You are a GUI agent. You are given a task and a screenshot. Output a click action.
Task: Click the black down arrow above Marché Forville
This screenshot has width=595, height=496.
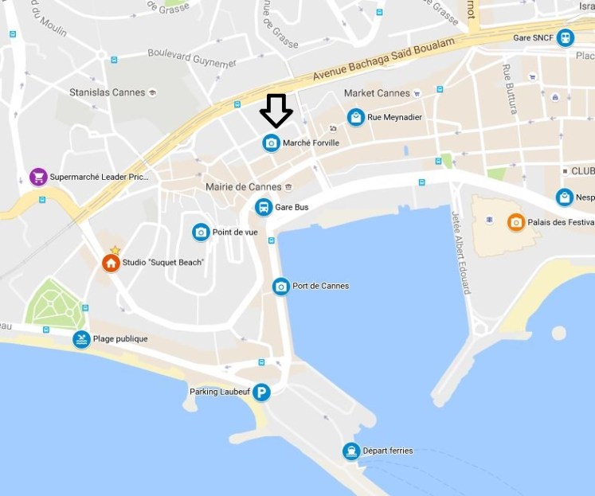(276, 111)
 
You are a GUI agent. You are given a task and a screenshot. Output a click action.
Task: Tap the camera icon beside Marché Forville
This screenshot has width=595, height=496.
(271, 143)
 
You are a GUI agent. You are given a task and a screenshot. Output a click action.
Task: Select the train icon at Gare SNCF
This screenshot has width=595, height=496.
(565, 37)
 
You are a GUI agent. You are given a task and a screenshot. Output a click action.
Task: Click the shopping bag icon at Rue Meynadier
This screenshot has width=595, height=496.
(355, 117)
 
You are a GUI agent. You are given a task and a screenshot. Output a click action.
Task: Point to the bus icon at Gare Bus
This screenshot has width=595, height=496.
(263, 207)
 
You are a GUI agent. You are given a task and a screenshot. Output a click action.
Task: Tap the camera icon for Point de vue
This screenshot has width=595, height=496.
(201, 232)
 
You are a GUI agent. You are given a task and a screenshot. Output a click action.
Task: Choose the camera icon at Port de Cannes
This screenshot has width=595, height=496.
(280, 287)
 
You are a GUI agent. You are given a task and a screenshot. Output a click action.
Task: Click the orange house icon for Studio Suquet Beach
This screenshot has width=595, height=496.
(111, 263)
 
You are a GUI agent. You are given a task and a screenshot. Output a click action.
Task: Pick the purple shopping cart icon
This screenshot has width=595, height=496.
(37, 177)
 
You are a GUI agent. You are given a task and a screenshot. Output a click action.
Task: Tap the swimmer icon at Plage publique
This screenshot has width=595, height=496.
(81, 339)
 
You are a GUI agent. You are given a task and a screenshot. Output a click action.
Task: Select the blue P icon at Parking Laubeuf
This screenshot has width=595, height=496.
(261, 392)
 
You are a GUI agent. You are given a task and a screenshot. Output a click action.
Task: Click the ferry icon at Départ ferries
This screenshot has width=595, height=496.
(350, 451)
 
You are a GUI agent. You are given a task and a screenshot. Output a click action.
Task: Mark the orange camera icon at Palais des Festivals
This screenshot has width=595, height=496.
(516, 222)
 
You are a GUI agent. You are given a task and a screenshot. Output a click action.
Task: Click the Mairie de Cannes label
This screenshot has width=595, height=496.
(242, 187)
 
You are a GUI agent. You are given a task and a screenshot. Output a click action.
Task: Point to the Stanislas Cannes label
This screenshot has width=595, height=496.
(108, 92)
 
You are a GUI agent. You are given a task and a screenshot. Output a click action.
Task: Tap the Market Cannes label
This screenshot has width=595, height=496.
(377, 93)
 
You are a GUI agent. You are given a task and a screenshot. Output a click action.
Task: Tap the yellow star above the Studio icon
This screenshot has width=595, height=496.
(115, 250)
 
